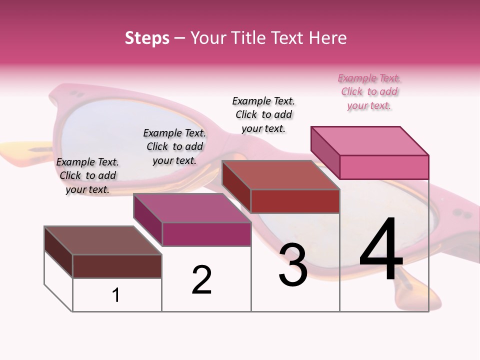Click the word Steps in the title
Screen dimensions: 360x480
(x=147, y=38)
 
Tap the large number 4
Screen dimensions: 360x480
(x=381, y=250)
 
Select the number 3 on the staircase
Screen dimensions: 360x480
(x=293, y=265)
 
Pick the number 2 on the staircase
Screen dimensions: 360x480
(x=201, y=280)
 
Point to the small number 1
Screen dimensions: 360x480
(x=116, y=295)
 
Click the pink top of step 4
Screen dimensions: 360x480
(x=369, y=140)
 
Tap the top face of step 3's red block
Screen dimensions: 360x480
(x=280, y=175)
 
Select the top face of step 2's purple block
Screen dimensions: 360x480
(x=192, y=208)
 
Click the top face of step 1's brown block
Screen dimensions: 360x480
(x=103, y=240)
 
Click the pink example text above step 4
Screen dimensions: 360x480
(x=369, y=91)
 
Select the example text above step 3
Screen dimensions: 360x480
(x=263, y=114)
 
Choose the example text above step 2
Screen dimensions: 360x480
(x=174, y=146)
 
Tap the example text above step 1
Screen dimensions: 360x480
(x=87, y=175)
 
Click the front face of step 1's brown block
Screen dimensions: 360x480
(x=117, y=266)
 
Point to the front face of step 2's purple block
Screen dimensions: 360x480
(x=206, y=234)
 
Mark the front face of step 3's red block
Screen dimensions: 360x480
(x=295, y=201)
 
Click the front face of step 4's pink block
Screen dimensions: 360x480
(x=384, y=167)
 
